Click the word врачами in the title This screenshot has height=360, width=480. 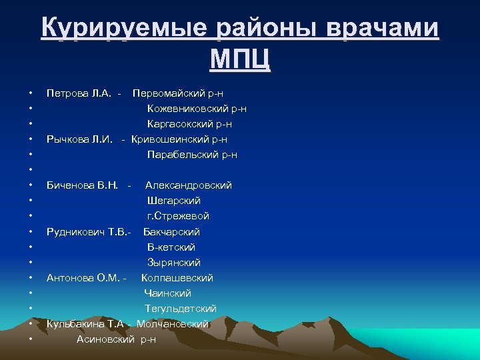pyautogui.click(x=383, y=29)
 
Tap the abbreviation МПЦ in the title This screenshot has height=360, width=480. pyautogui.click(x=240, y=60)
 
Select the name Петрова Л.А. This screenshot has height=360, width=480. pyautogui.click(x=79, y=93)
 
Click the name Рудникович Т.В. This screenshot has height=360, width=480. pyautogui.click(x=87, y=232)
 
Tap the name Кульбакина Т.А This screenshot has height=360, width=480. pyautogui.click(x=85, y=324)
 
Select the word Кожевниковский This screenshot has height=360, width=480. pyautogui.click(x=189, y=109)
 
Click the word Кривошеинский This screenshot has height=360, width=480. pyautogui.click(x=173, y=139)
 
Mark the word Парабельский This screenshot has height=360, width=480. pyautogui.click(x=184, y=155)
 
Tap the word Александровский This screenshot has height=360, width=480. pyautogui.click(x=189, y=185)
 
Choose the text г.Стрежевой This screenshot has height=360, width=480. pyautogui.click(x=178, y=216)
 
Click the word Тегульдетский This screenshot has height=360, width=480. pyautogui.click(x=181, y=309)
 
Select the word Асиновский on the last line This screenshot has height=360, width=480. pyautogui.click(x=106, y=339)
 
